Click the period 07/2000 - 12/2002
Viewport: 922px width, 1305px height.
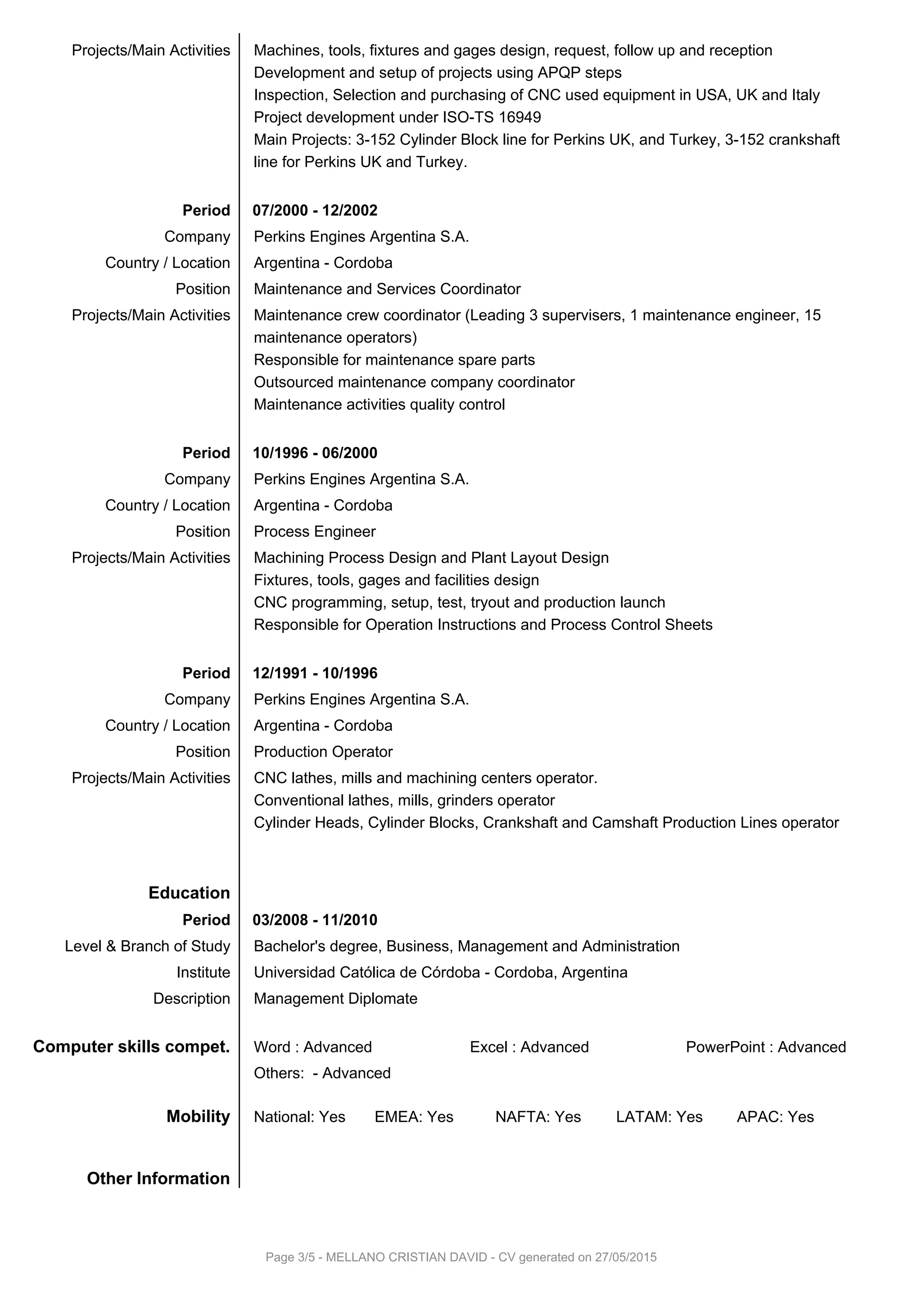[x=315, y=210]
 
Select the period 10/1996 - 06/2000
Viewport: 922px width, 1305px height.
[x=315, y=453]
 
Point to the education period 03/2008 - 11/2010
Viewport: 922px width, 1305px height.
[x=315, y=920]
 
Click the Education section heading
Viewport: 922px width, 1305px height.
[x=189, y=893]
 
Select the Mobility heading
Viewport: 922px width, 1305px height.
[x=198, y=1116]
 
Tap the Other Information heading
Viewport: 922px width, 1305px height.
[x=158, y=1178]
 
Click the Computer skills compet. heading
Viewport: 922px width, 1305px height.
[x=131, y=1047]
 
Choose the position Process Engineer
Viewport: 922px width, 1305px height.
[x=314, y=531]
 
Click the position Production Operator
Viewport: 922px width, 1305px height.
[x=323, y=752]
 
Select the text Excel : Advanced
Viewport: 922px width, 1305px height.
[x=529, y=1047]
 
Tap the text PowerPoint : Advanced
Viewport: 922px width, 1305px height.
[x=766, y=1047]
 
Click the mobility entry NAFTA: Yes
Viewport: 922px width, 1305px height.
[x=538, y=1117]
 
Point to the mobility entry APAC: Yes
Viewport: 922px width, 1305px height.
[x=775, y=1117]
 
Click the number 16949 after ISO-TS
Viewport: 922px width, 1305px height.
[x=520, y=117]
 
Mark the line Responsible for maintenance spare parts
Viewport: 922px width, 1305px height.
[x=394, y=360]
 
